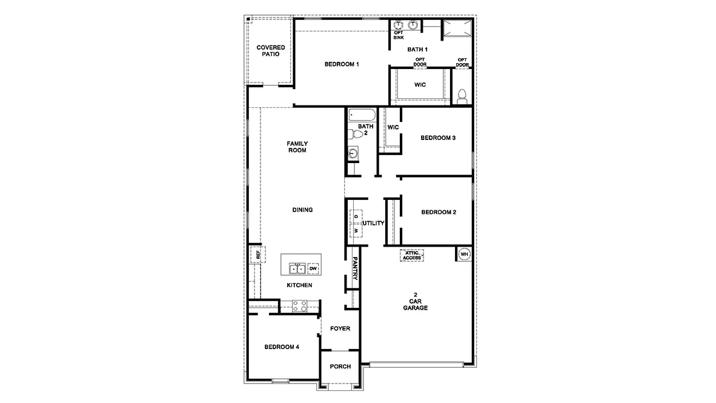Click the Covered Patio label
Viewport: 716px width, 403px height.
coord(270,50)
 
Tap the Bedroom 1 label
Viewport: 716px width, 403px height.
coord(342,64)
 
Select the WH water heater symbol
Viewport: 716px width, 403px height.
coord(464,254)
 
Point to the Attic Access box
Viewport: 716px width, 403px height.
coord(411,255)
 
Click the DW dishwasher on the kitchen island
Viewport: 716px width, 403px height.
coord(313,268)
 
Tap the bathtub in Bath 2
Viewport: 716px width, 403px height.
coord(362,115)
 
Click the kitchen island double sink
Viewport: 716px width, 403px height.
coord(296,268)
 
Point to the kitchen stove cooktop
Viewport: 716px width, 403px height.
coord(300,306)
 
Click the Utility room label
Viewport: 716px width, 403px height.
coord(373,223)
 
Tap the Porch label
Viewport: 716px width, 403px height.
coord(340,366)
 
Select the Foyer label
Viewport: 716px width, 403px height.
coord(340,328)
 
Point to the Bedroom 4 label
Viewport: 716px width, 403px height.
coord(282,347)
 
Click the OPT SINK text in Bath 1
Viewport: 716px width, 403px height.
coord(398,35)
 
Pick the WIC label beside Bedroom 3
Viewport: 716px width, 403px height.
coord(393,127)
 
